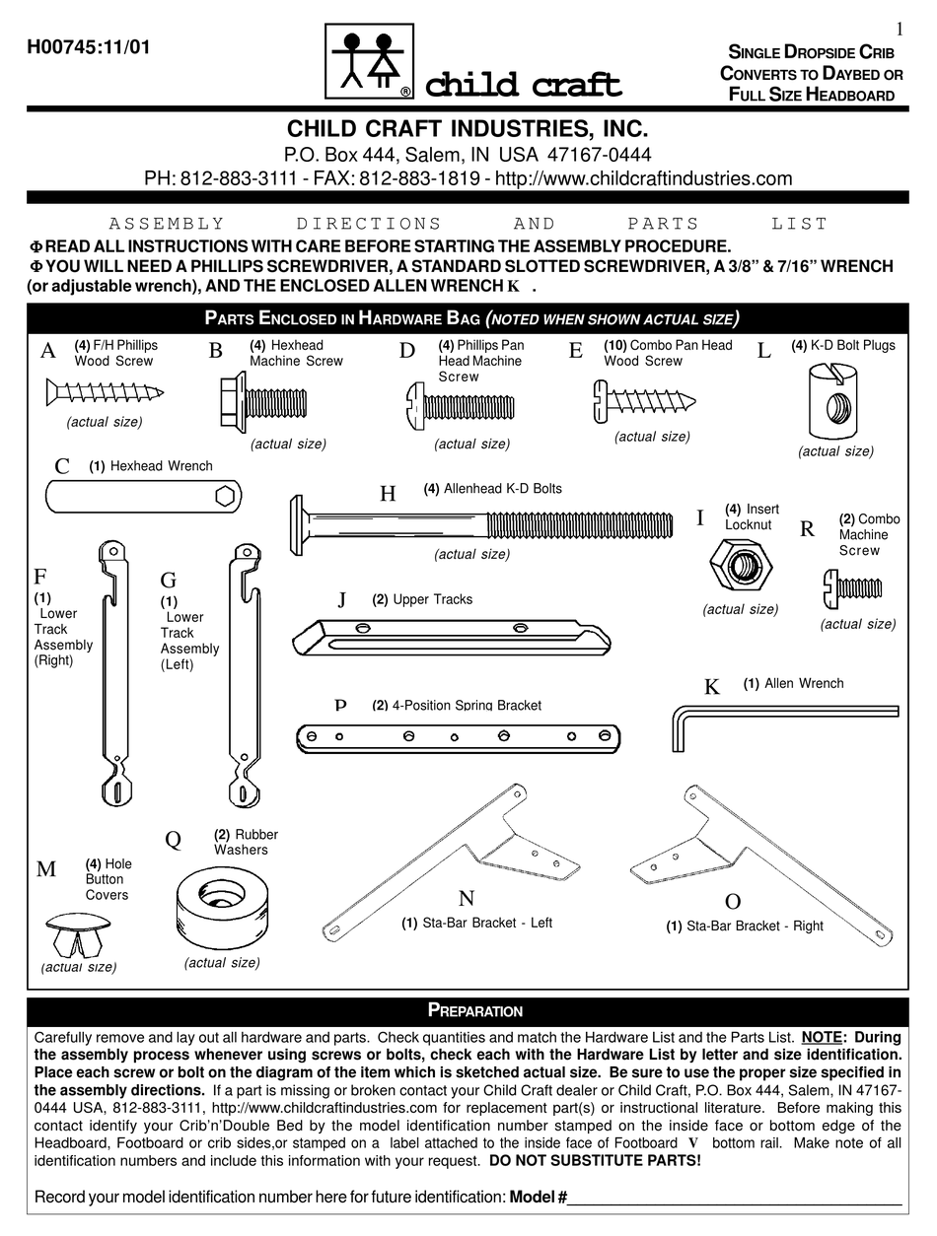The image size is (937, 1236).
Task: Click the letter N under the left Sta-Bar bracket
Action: [467, 897]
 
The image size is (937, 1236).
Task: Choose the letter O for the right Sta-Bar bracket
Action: [732, 901]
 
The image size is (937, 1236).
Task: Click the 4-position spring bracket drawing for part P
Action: [458, 735]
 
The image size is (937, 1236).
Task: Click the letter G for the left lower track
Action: [168, 580]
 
